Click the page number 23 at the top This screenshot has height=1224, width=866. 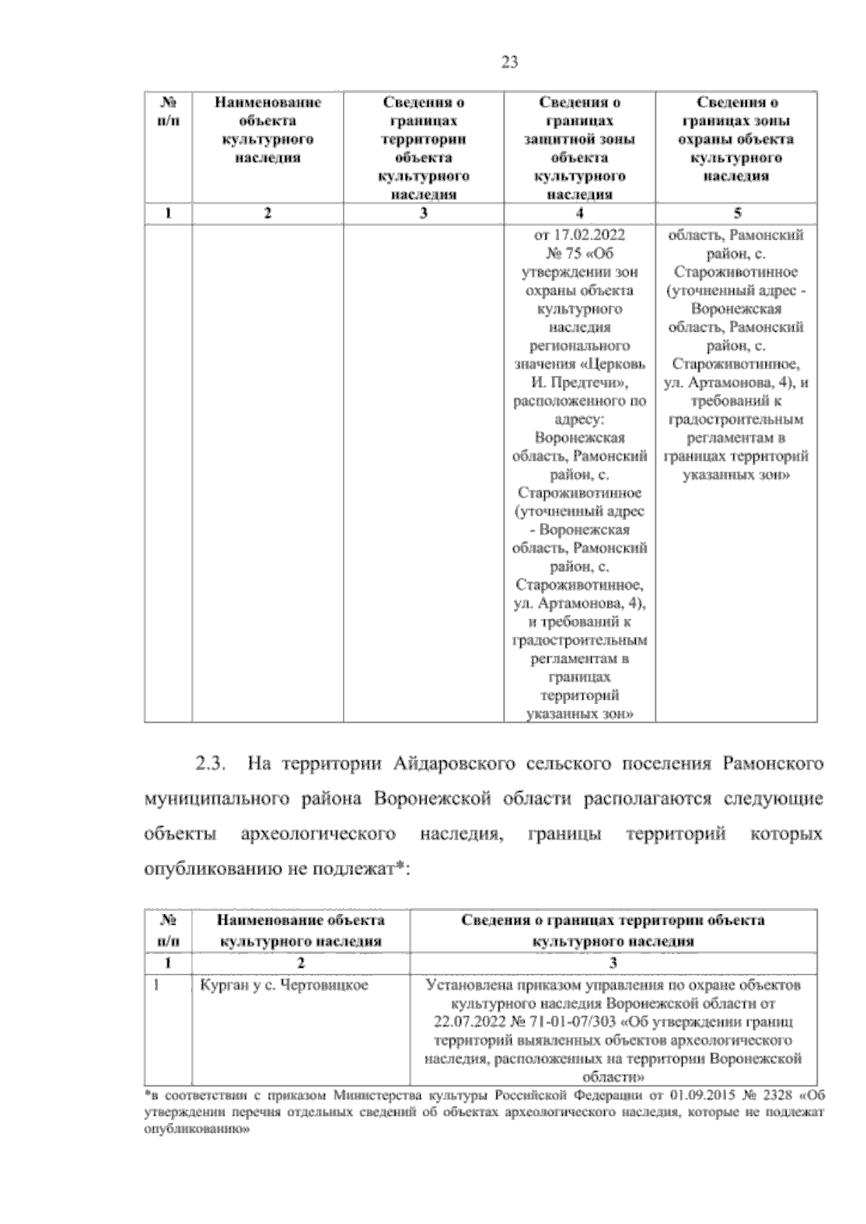(x=509, y=63)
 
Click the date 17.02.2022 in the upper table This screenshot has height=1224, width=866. (x=589, y=235)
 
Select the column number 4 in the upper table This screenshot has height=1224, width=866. (x=579, y=213)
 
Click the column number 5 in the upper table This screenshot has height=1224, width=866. (x=737, y=213)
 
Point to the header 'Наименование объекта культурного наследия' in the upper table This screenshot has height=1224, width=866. (x=268, y=130)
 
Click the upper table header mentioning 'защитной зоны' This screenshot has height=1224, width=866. (x=579, y=139)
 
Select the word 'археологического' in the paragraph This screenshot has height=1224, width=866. (x=318, y=834)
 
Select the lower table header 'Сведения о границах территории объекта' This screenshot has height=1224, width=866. (x=613, y=920)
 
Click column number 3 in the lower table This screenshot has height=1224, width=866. (x=613, y=963)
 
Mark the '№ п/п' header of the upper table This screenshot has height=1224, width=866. (x=168, y=111)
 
